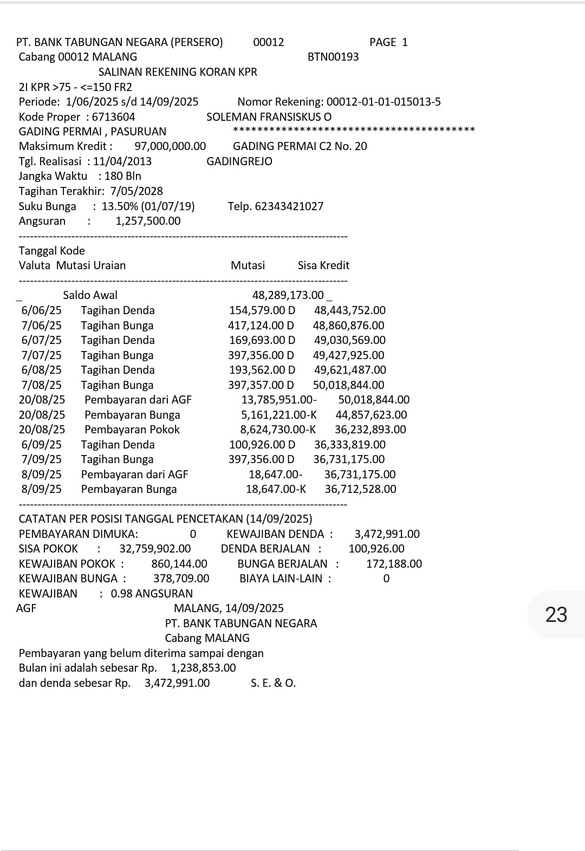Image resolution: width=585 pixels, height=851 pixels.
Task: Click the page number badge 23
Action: tap(556, 615)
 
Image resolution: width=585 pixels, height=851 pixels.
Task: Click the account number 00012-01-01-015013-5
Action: tap(384, 102)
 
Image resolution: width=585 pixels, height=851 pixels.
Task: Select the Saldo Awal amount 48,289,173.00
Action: tap(288, 295)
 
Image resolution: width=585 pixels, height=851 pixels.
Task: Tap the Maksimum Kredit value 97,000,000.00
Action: tap(170, 146)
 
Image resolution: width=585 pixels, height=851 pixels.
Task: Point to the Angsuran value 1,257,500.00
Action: tap(148, 221)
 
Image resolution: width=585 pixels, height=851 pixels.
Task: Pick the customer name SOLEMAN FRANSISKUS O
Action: tap(269, 117)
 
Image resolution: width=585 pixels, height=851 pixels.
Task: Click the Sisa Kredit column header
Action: tap(323, 265)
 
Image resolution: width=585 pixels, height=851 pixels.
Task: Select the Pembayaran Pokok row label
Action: tap(132, 430)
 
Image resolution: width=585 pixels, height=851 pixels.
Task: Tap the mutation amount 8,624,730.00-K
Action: tap(278, 430)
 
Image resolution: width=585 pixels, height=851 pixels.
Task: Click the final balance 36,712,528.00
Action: tap(360, 489)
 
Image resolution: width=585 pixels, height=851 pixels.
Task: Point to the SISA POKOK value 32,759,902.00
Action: tap(155, 549)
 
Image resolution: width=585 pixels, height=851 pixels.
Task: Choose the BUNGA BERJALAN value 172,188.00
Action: tap(394, 564)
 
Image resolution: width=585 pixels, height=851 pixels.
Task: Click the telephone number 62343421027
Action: tap(289, 206)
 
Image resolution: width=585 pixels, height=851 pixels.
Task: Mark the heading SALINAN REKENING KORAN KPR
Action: tap(178, 72)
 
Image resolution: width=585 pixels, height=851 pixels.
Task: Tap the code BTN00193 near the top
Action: tap(333, 57)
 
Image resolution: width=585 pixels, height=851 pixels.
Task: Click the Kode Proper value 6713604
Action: tap(113, 117)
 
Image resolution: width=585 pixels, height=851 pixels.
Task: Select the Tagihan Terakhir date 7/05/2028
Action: tap(136, 191)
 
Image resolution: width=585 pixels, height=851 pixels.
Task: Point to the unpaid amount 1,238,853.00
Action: tap(203, 668)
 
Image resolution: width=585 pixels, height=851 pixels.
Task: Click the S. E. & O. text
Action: tap(273, 683)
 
